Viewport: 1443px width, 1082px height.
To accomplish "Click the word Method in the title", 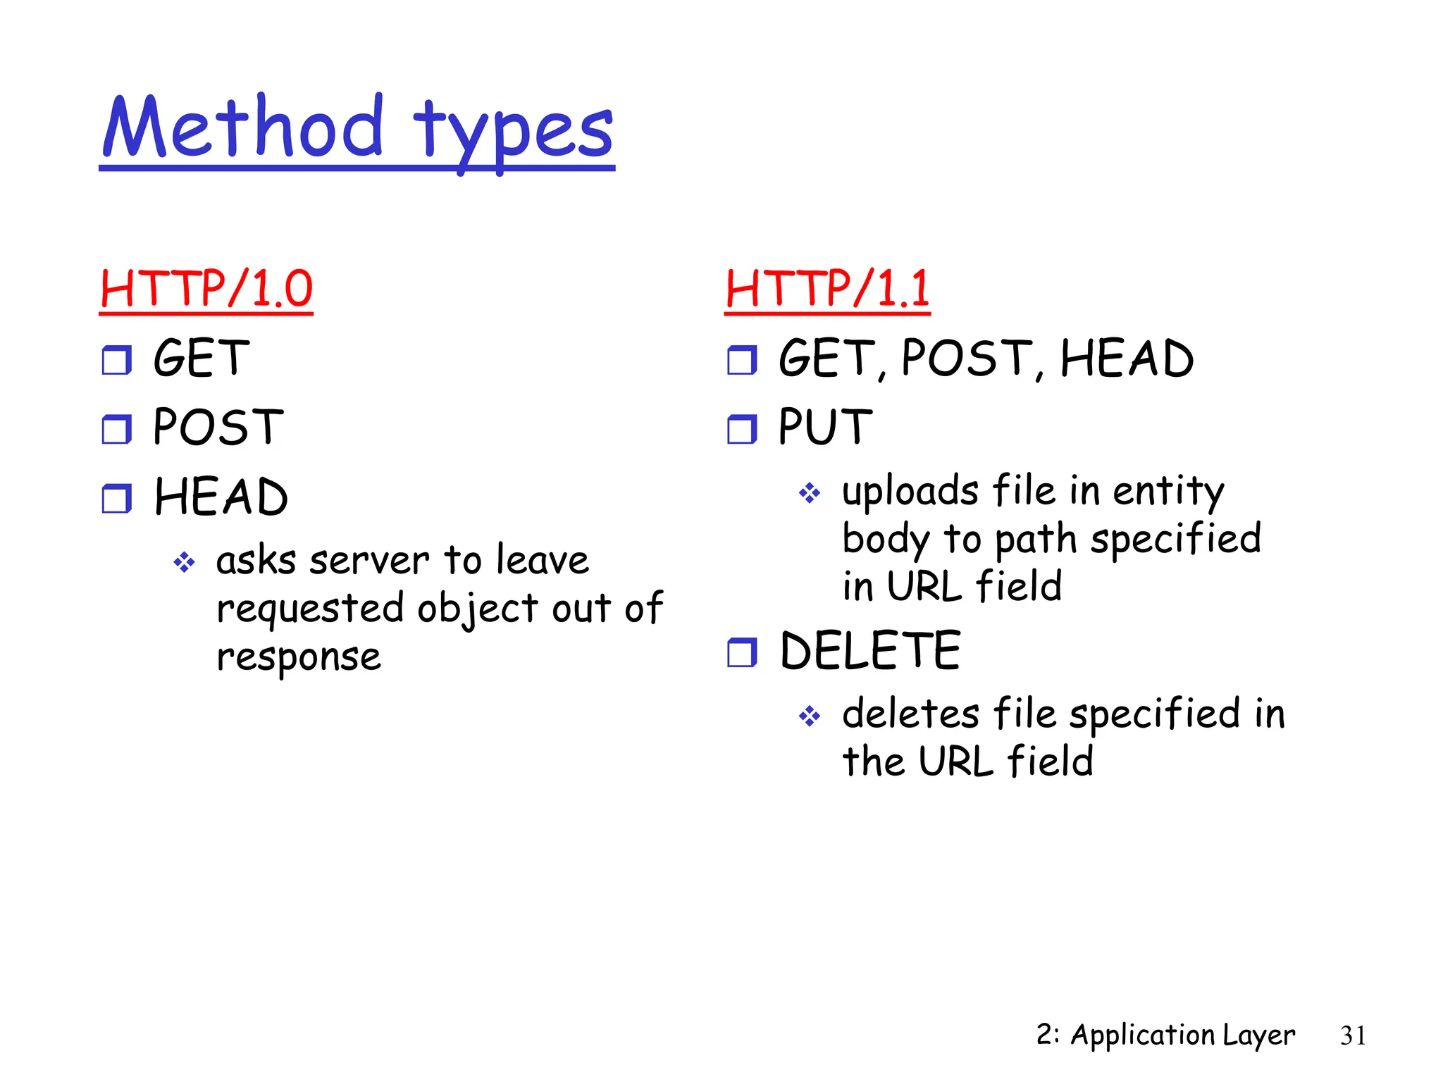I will [x=243, y=128].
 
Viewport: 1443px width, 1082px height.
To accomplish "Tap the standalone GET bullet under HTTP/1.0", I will [x=202, y=358].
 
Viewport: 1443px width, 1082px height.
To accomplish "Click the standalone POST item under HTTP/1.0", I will [x=218, y=427].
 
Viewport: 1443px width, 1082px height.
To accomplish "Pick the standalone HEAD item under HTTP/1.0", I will [x=221, y=497].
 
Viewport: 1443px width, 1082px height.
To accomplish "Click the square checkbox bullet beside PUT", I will [x=742, y=429].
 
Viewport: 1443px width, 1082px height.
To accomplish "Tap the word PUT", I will [x=825, y=427].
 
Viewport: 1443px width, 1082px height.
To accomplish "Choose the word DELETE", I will [x=870, y=651].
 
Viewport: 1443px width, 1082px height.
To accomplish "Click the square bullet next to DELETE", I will [x=742, y=652].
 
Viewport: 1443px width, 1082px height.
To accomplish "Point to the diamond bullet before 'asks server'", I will [x=184, y=562].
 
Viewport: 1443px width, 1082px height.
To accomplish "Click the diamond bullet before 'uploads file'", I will [x=810, y=492].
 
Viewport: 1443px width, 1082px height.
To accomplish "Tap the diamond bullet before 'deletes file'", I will [x=810, y=716].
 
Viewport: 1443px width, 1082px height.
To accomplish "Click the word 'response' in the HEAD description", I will [x=299, y=658].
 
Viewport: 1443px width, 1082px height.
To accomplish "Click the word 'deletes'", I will [x=910, y=714].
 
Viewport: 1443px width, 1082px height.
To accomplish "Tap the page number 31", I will [x=1353, y=1036].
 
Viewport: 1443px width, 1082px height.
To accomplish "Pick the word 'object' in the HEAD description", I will [x=478, y=609].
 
